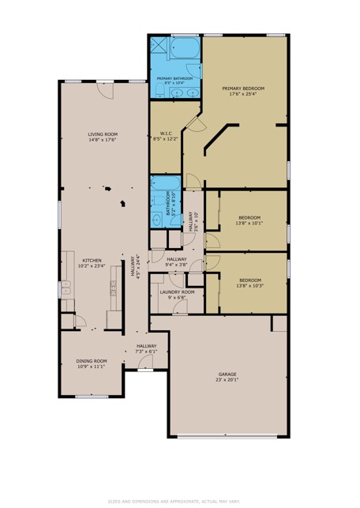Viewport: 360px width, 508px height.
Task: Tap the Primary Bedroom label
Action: tap(242, 88)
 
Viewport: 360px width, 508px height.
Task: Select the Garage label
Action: tap(227, 374)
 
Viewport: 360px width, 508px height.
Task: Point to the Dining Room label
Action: tap(92, 360)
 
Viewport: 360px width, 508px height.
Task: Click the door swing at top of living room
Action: tap(103, 90)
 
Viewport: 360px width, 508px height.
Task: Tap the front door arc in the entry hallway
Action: tap(144, 362)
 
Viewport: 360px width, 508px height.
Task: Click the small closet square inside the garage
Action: tap(279, 324)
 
